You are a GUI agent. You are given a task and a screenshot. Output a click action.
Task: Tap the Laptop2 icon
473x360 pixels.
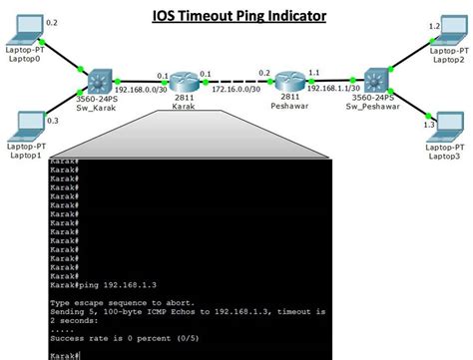pos(447,33)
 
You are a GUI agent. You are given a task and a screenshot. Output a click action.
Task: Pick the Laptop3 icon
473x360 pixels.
pos(445,130)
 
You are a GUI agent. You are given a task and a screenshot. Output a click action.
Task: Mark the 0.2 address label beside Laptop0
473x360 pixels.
pos(52,21)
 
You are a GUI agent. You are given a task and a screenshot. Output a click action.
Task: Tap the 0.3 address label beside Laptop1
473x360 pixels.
pos(52,119)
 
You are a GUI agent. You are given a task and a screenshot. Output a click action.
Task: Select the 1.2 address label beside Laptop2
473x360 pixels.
pos(434,25)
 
